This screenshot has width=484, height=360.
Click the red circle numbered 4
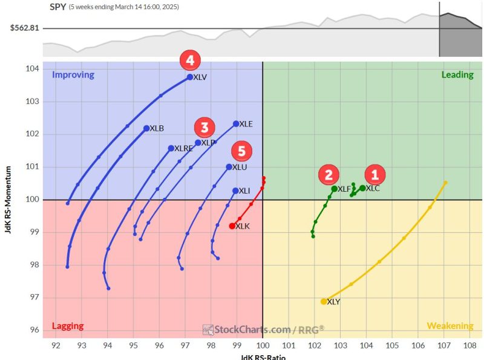click(x=190, y=61)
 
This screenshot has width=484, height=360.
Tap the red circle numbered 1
click(x=374, y=175)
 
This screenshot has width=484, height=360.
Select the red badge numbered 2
click(x=329, y=175)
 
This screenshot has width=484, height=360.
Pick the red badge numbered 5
click(x=241, y=150)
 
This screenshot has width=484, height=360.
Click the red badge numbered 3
click(x=204, y=127)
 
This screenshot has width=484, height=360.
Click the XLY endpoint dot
click(x=324, y=301)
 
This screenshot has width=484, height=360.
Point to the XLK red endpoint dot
click(x=232, y=226)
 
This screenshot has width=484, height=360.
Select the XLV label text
click(x=200, y=77)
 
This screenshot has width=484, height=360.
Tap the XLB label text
click(x=157, y=128)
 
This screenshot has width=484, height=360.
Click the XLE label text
click(x=246, y=124)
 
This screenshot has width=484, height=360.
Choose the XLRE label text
click(x=183, y=148)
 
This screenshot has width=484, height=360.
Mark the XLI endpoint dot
click(x=235, y=191)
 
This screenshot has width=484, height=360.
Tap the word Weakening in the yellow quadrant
click(x=450, y=326)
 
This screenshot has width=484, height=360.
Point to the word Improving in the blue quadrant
click(x=73, y=75)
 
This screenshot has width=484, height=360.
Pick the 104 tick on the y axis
click(x=34, y=68)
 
